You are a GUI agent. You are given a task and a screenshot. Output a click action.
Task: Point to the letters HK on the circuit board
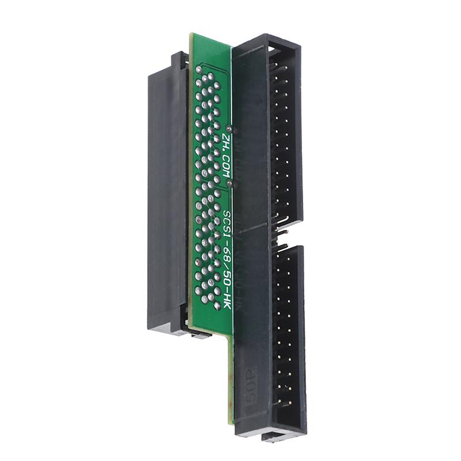pos(226,299)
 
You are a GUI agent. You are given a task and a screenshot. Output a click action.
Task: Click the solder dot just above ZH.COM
pos(229,128)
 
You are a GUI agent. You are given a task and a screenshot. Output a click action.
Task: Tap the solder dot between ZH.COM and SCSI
pos(230,184)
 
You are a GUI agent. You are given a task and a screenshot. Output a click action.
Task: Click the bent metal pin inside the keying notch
pos(282,231)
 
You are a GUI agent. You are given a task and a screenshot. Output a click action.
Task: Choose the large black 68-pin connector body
pos(167,196)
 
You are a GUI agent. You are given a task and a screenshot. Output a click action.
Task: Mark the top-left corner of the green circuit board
pos(192,36)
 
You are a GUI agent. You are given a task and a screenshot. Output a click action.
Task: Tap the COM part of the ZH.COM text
pos(225,167)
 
